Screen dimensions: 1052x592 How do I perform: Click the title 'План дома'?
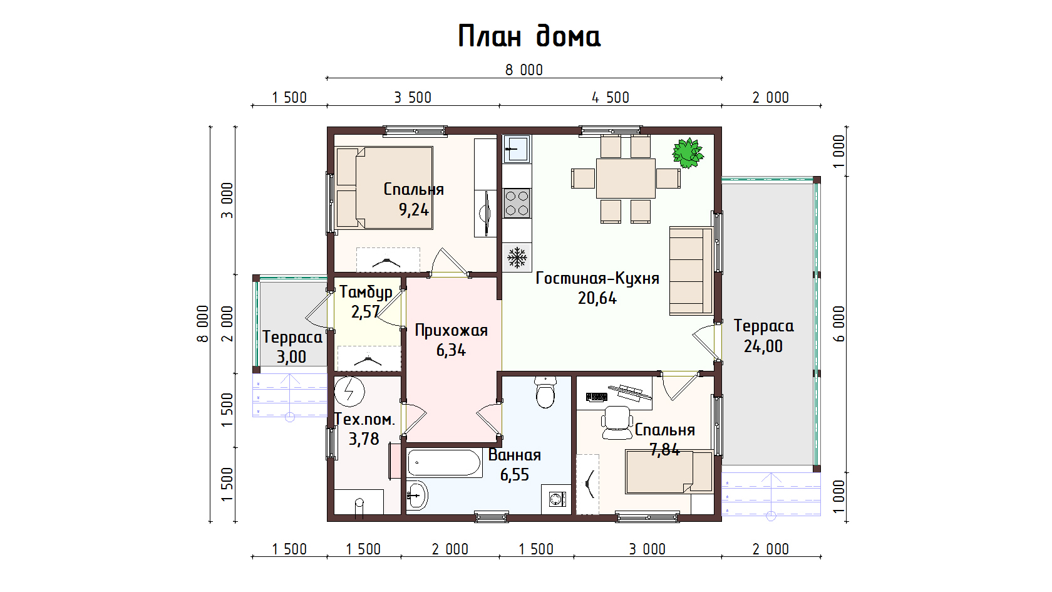529,36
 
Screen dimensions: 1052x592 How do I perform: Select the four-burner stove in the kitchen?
517,203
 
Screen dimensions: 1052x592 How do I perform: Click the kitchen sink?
517,149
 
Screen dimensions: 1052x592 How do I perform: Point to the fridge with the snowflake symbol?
517,257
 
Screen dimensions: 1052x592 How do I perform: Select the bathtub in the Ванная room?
444,464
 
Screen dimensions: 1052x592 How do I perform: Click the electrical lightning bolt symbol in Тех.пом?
349,391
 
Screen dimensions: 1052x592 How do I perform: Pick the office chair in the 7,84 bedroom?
617,423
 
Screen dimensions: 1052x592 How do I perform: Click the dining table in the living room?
626,179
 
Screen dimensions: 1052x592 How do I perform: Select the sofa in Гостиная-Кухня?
691,271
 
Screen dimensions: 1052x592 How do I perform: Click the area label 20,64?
597,298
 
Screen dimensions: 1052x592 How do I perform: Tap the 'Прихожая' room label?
451,331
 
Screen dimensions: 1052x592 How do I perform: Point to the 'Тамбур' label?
366,292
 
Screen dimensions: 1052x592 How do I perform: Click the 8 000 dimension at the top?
524,70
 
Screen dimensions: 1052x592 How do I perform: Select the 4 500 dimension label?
611,98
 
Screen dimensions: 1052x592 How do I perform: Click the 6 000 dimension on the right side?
839,324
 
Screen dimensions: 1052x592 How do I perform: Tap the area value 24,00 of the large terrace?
763,346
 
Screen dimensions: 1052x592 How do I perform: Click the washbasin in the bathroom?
416,495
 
